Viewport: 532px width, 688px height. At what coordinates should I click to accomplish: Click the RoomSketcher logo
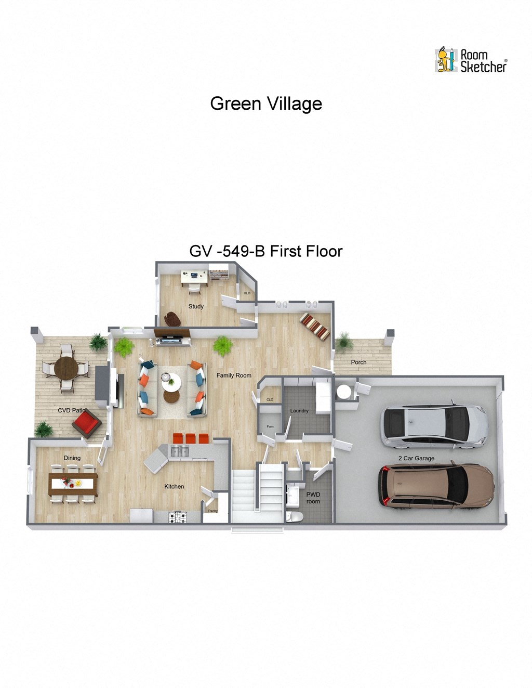tap(470, 60)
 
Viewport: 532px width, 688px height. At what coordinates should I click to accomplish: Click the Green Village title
tap(266, 103)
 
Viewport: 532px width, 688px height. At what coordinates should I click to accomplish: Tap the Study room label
tap(196, 306)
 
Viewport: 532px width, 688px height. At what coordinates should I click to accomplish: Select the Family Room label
tap(234, 375)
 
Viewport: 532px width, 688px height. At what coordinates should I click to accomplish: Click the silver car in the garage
tap(434, 426)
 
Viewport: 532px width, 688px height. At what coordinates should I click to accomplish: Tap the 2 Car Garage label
tap(416, 458)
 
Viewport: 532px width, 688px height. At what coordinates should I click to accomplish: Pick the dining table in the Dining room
tap(73, 484)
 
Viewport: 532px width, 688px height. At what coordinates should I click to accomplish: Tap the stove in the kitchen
tap(178, 517)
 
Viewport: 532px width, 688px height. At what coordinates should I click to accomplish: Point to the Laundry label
tap(299, 411)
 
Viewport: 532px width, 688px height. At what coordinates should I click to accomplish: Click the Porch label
tap(358, 362)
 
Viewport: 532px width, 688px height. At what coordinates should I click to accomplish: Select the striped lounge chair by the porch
tap(315, 326)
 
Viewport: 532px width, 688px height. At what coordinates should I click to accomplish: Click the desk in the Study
tap(194, 276)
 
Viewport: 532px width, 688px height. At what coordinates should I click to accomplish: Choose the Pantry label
tap(213, 511)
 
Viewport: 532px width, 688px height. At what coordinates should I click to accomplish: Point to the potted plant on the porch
tap(343, 342)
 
